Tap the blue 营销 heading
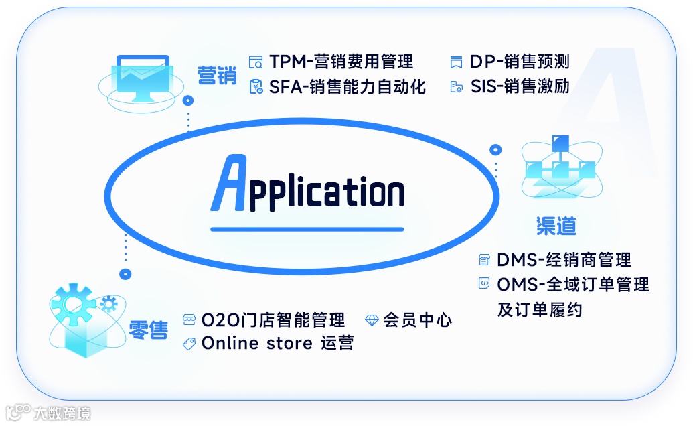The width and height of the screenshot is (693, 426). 217,75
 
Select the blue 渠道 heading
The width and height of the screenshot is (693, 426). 556,226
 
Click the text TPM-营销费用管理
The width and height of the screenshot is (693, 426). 341,62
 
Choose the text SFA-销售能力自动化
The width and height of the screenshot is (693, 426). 348,87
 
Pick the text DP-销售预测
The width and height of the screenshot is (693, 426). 520,62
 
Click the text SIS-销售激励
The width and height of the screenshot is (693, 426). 520,87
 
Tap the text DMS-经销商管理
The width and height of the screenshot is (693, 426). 564,260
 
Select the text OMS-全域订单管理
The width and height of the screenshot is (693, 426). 573,285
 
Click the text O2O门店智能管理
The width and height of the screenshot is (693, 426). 273,319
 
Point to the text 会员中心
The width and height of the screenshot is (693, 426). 418,319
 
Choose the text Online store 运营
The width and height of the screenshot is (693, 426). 277,344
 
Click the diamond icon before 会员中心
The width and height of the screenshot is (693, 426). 372,320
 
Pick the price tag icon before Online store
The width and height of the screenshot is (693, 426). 189,344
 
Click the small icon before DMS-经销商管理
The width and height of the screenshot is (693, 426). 483,260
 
